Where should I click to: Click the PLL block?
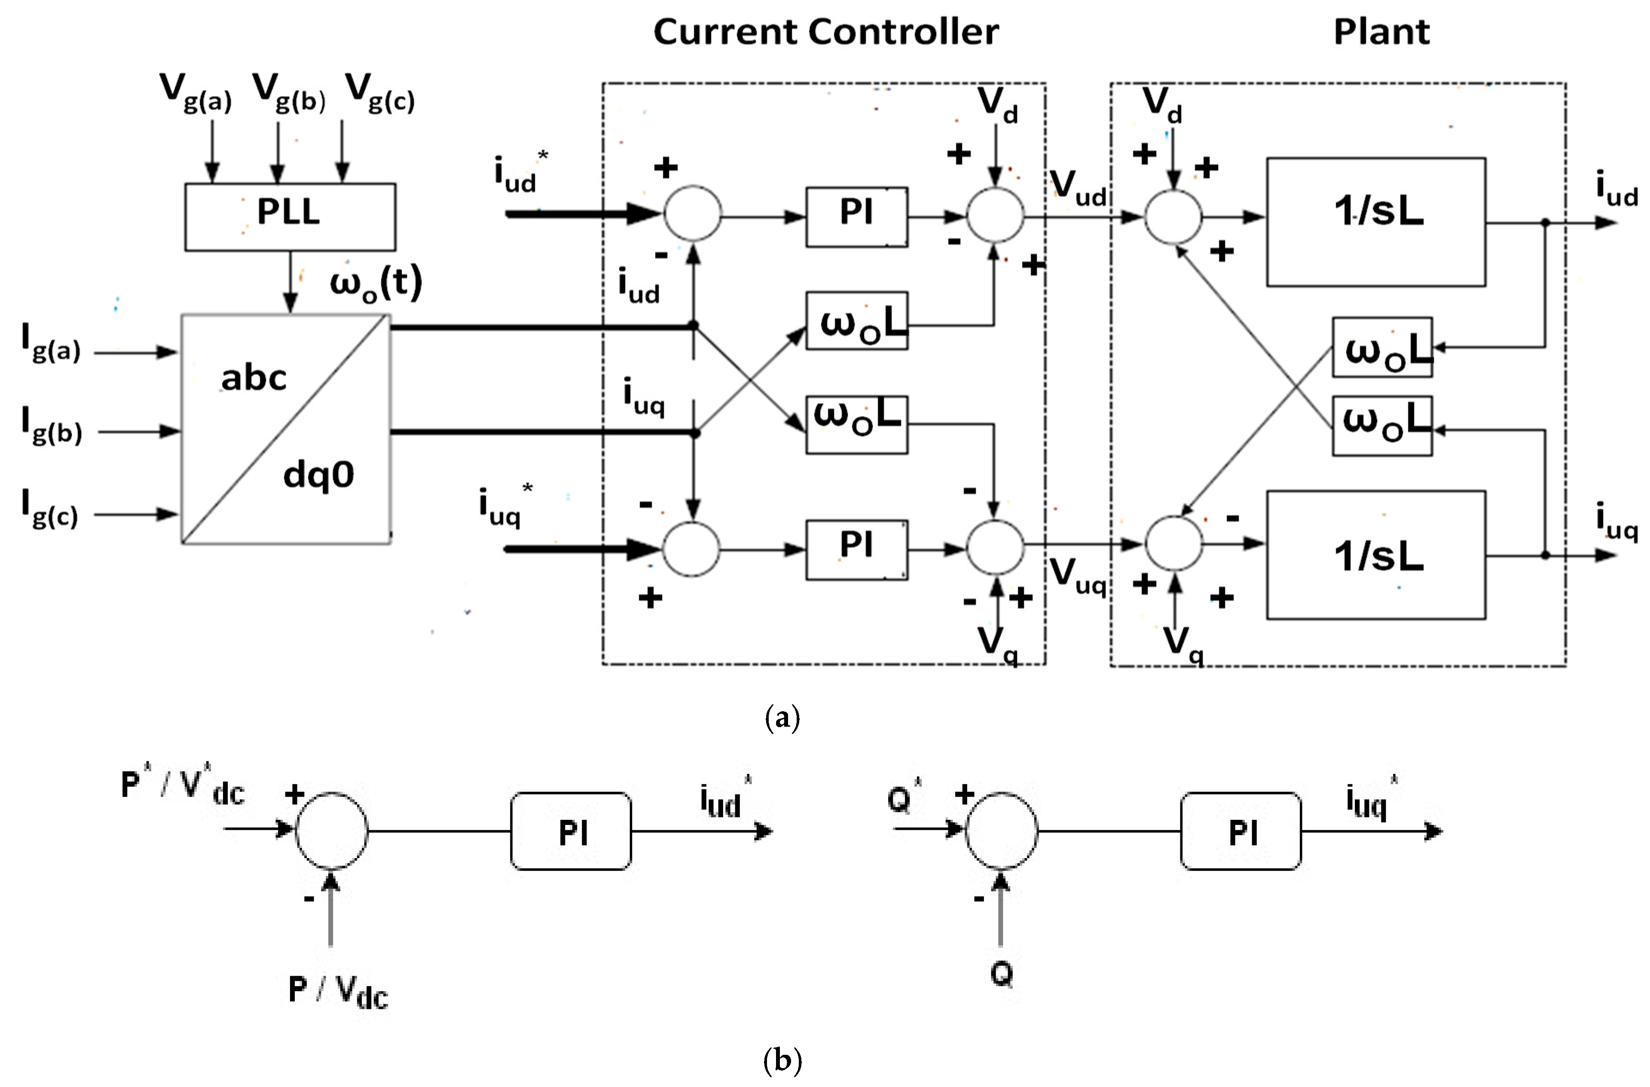290,216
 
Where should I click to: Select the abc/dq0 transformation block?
286,429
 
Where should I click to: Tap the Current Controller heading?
825,32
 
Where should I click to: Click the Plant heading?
1381,32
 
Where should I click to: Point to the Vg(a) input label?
195,93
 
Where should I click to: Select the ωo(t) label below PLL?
375,283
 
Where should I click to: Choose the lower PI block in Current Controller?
856,549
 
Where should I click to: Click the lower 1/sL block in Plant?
1375,554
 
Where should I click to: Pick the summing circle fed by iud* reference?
691,213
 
